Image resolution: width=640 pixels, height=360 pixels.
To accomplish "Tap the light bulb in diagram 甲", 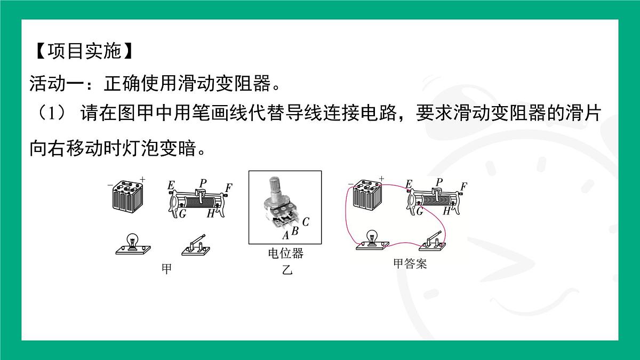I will point(132,242).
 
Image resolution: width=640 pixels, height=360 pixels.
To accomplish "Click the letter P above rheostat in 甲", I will point(202,183).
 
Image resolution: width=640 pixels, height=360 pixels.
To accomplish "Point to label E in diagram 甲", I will point(171,185).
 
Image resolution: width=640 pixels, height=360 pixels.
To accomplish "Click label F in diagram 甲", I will point(229,188).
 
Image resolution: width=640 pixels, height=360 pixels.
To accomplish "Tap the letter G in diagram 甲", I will point(182,214).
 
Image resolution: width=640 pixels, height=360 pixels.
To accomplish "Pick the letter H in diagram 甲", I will point(211,214).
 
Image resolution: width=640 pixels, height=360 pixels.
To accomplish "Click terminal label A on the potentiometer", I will point(285,235).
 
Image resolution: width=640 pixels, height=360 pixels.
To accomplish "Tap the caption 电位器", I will point(285,254).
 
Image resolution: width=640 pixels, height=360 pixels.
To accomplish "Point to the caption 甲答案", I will point(410,263).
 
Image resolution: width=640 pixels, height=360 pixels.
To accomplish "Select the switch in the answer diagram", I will point(433,241).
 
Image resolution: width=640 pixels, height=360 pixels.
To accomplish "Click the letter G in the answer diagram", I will point(419,211).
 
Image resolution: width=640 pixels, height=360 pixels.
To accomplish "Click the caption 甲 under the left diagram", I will point(167,269).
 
